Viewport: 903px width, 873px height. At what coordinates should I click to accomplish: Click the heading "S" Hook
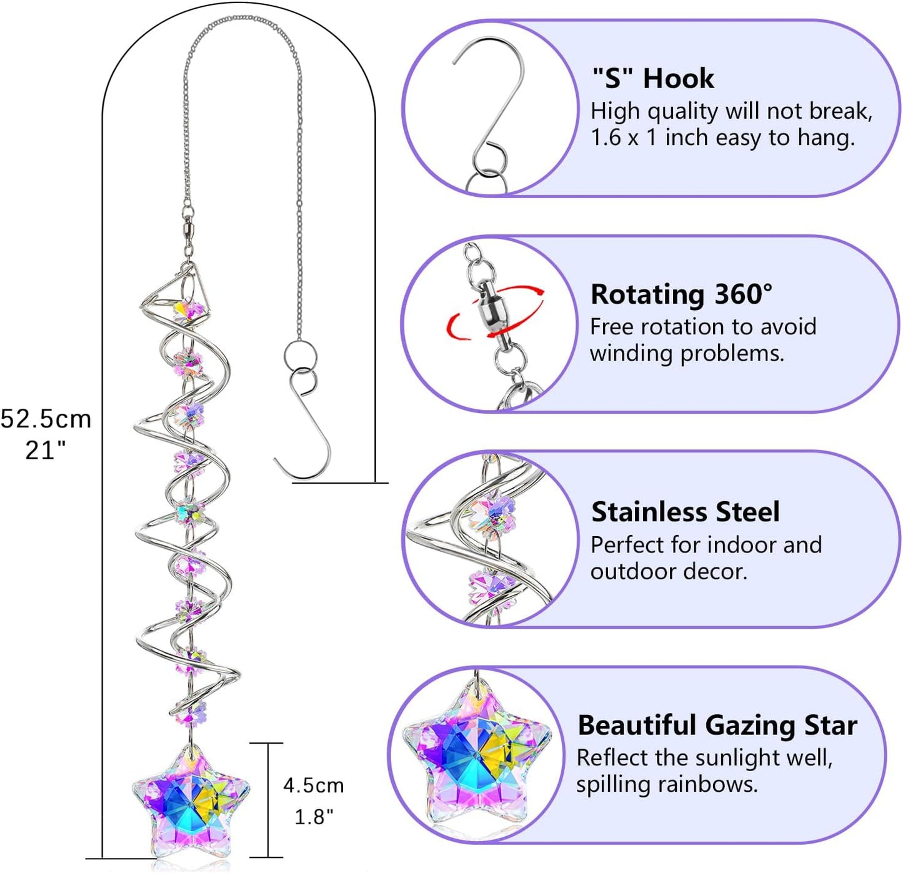[652, 79]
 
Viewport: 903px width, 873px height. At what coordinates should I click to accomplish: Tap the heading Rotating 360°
[681, 294]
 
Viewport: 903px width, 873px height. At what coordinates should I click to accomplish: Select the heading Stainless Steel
[686, 512]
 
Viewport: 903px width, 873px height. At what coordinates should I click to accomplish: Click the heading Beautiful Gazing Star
[717, 725]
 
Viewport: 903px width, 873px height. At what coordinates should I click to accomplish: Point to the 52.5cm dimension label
[46, 419]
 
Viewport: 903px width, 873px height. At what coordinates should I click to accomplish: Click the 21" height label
[45, 450]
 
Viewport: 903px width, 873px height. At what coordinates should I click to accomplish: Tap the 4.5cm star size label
[313, 786]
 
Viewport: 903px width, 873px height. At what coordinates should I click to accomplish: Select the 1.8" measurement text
[314, 817]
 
